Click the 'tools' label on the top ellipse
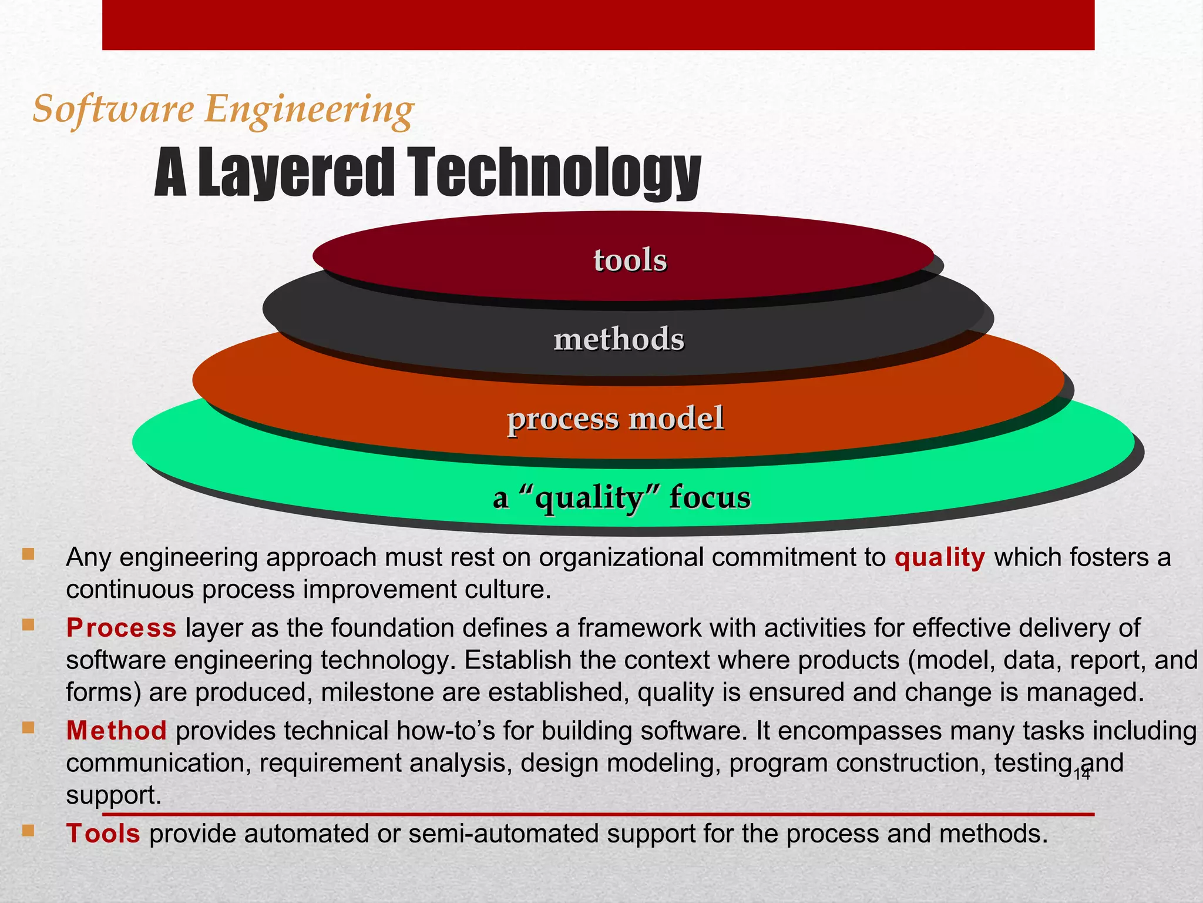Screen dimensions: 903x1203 (x=630, y=260)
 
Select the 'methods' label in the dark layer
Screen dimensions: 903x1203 (x=619, y=339)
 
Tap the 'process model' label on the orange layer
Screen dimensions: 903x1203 (x=615, y=419)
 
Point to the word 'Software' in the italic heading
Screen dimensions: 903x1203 (x=113, y=110)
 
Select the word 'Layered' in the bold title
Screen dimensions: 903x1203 (x=295, y=173)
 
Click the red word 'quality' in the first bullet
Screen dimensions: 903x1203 (x=939, y=557)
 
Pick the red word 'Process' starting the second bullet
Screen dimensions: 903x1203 (x=121, y=628)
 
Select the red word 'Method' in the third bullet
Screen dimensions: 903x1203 (x=116, y=731)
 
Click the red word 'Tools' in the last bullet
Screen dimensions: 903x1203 (x=103, y=834)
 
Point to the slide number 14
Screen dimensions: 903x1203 (x=1081, y=774)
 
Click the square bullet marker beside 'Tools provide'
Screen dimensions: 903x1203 (x=28, y=831)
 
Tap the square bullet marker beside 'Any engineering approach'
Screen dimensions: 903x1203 (x=28, y=554)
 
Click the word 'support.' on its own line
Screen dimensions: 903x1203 (x=113, y=795)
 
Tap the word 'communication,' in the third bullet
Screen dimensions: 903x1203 (x=159, y=763)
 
